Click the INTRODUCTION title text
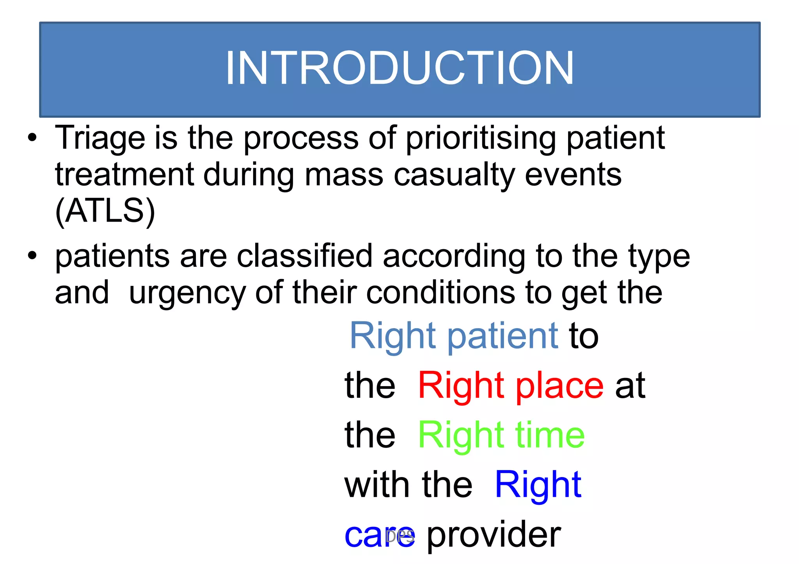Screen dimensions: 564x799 pos(399,68)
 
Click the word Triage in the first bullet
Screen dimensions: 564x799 pos(100,138)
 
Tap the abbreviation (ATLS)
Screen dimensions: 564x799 pos(105,211)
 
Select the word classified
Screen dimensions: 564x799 pos(304,256)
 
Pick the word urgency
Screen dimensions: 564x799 pos(187,293)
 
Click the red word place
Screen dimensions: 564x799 pos(559,386)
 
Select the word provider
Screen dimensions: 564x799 pos(494,535)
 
